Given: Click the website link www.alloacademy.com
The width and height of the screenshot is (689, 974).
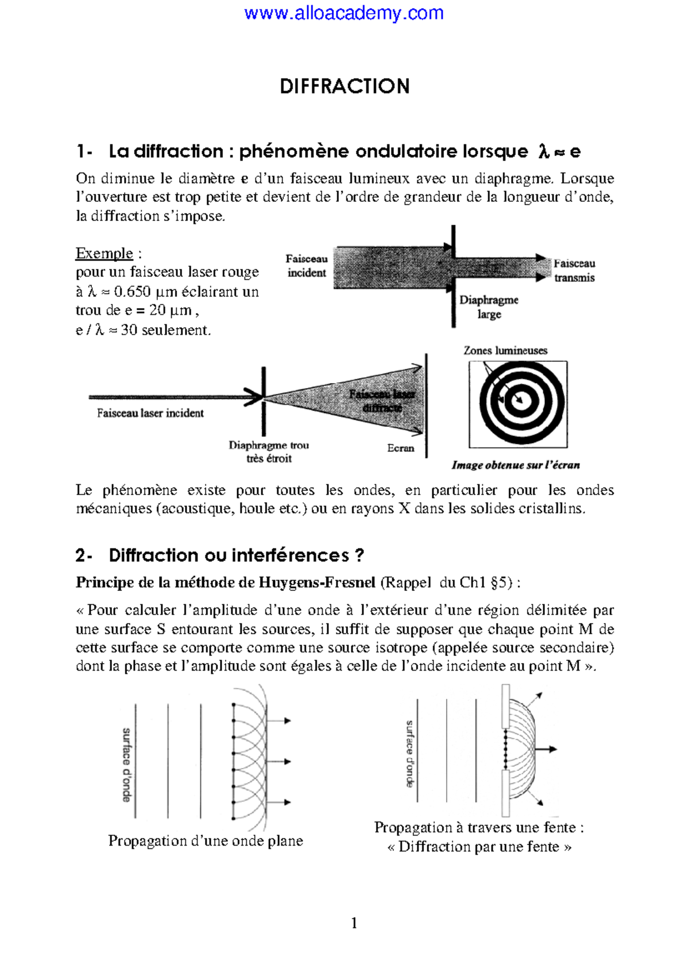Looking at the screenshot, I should pyautogui.click(x=344, y=13).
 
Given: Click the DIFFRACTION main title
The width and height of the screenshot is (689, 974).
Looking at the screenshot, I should pyautogui.click(x=344, y=87).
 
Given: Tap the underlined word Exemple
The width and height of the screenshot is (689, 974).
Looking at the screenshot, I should pyautogui.click(x=104, y=254).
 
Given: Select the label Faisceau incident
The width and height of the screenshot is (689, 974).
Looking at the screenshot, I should pyautogui.click(x=307, y=266).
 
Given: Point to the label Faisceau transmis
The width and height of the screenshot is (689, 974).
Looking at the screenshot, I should pyautogui.click(x=574, y=271).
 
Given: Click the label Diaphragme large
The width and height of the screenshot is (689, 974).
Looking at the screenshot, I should pyautogui.click(x=489, y=307).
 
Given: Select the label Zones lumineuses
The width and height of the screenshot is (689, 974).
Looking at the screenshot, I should pyautogui.click(x=505, y=350).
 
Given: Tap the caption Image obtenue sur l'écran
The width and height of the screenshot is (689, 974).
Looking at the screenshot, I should pyautogui.click(x=516, y=465).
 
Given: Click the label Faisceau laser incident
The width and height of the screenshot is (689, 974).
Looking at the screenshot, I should pyautogui.click(x=150, y=413).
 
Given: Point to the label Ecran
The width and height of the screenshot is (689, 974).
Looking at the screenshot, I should pyautogui.click(x=400, y=448).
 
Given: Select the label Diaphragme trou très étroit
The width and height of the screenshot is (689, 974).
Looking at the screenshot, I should pyautogui.click(x=269, y=452).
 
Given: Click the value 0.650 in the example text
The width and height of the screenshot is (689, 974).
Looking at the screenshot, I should pyautogui.click(x=132, y=291).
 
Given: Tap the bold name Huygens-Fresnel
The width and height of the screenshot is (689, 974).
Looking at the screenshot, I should pyautogui.click(x=317, y=583).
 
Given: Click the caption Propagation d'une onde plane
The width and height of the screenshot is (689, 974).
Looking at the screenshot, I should pyautogui.click(x=206, y=841).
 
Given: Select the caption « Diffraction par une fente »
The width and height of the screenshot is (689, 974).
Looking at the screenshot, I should pyautogui.click(x=479, y=847).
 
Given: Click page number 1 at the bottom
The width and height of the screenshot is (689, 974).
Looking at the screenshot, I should pyautogui.click(x=354, y=923).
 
